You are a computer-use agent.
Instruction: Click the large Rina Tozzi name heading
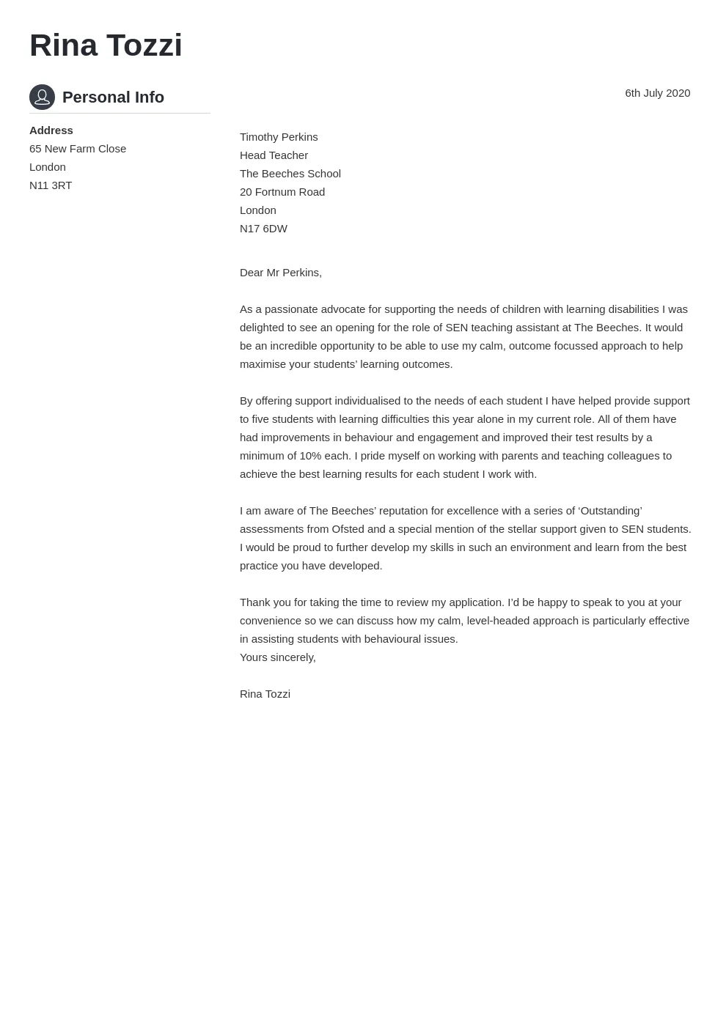(x=106, y=45)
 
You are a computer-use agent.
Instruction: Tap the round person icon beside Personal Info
(x=42, y=97)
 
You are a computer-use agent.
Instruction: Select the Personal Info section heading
(x=113, y=97)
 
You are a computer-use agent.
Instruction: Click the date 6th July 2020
(x=657, y=93)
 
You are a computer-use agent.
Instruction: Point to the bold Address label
(x=51, y=130)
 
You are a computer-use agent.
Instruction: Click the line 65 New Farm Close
(x=78, y=149)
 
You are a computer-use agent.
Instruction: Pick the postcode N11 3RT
(x=51, y=185)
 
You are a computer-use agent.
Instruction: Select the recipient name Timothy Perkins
(x=279, y=137)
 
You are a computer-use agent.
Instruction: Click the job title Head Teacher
(x=274, y=155)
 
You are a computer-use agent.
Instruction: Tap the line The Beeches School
(x=290, y=174)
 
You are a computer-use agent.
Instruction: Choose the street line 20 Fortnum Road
(x=282, y=192)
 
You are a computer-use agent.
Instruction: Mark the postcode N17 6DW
(x=263, y=229)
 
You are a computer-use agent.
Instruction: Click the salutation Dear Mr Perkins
(x=281, y=273)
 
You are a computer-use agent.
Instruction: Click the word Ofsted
(x=348, y=529)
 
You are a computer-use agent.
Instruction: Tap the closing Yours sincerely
(x=278, y=657)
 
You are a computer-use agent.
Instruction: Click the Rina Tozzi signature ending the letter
(x=265, y=694)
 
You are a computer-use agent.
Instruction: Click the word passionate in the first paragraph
(x=288, y=309)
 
